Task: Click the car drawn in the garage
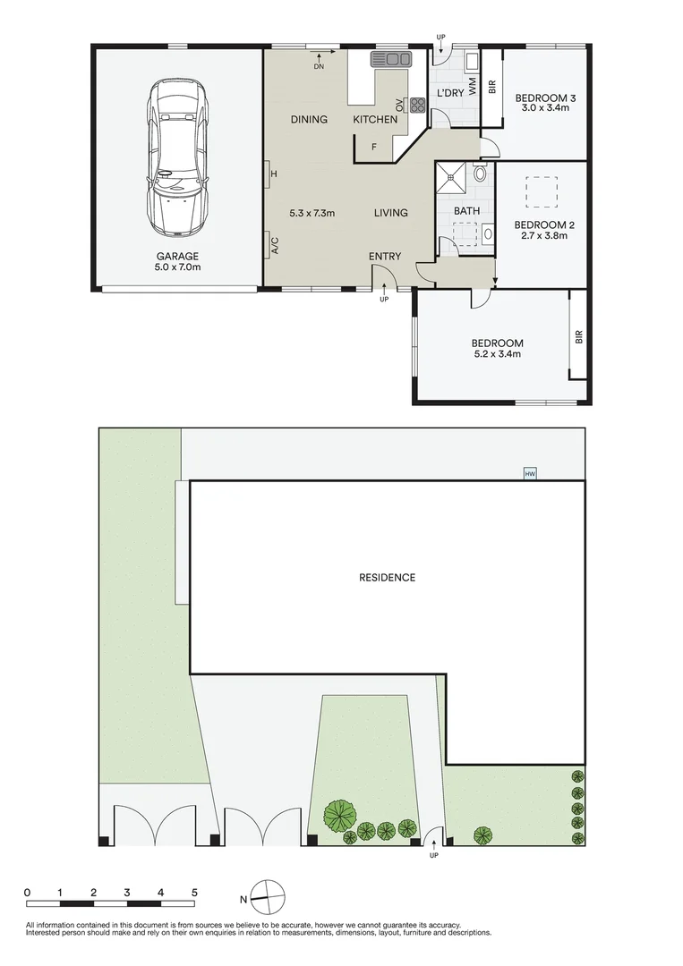179,157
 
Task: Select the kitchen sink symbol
390,60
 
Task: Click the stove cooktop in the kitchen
417,105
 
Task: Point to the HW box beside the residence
530,473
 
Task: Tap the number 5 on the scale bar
194,893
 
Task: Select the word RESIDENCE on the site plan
387,578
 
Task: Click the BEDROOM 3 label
544,97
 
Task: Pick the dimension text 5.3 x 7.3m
312,213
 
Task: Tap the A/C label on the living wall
275,244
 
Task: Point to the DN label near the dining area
320,67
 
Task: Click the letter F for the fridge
374,145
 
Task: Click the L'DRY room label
448,94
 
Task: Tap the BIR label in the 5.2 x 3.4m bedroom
579,335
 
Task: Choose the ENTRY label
385,257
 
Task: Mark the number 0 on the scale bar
28,893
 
